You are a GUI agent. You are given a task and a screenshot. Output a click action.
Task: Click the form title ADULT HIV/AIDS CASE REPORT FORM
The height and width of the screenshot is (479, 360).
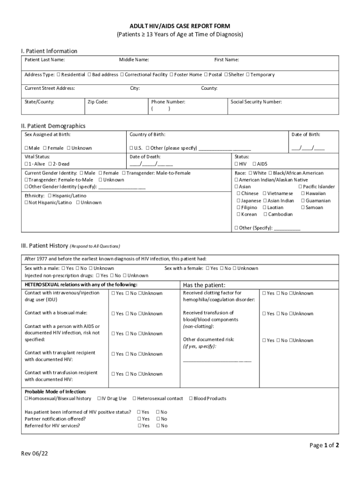click(180, 26)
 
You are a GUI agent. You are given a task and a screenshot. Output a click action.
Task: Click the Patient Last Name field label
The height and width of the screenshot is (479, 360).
click(45, 60)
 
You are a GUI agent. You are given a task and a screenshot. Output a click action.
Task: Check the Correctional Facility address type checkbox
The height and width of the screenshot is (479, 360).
click(122, 75)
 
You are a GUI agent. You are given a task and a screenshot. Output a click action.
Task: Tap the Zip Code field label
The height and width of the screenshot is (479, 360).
click(98, 102)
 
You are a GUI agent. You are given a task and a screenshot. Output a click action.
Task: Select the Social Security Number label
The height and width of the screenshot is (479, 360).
click(256, 102)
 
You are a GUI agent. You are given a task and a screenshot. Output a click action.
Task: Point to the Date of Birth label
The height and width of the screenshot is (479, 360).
click(306, 135)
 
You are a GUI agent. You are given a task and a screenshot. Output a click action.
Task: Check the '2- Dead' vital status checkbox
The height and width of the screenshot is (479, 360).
click(50, 164)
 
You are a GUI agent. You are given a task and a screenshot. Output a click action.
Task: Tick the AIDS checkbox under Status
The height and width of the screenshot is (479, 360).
click(254, 164)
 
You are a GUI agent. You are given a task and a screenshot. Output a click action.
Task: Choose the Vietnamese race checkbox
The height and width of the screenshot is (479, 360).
click(265, 194)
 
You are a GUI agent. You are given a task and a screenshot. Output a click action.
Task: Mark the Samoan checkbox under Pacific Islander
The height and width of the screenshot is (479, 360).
click(303, 208)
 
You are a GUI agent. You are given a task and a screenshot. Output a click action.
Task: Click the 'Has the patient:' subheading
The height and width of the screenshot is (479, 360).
click(204, 285)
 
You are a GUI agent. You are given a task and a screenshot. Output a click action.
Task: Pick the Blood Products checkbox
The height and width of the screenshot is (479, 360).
click(191, 399)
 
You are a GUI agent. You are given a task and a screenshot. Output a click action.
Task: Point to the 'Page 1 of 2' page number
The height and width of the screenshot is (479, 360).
click(324, 445)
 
